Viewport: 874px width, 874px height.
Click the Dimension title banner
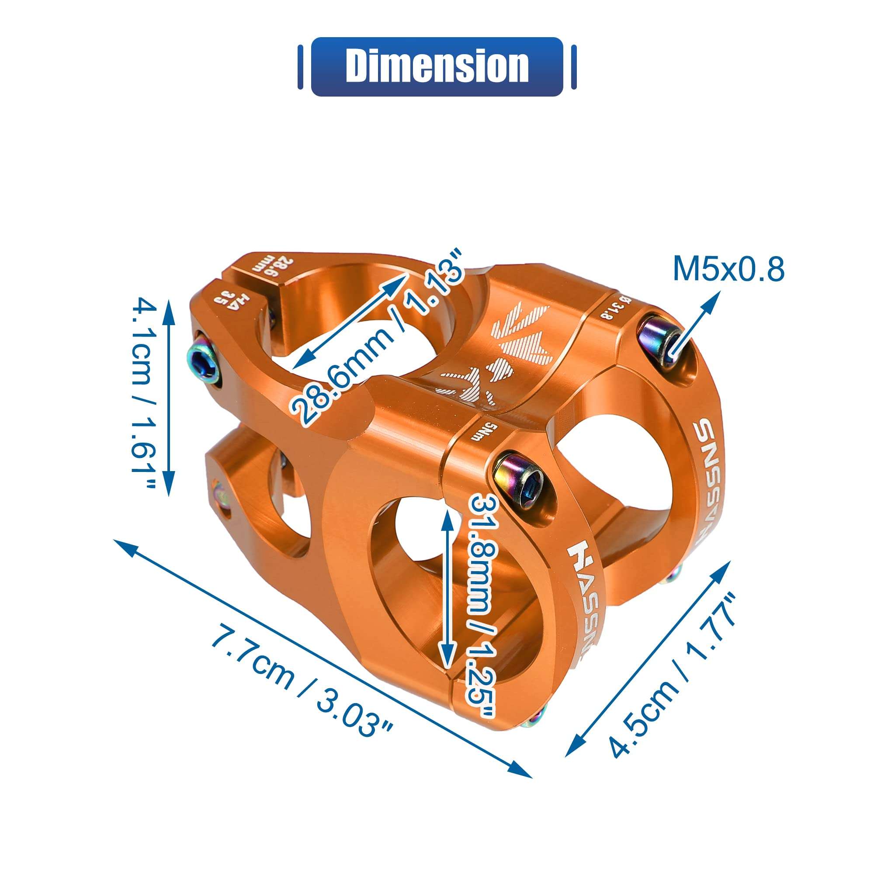click(x=437, y=66)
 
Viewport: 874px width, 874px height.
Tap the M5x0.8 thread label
click(x=728, y=269)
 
